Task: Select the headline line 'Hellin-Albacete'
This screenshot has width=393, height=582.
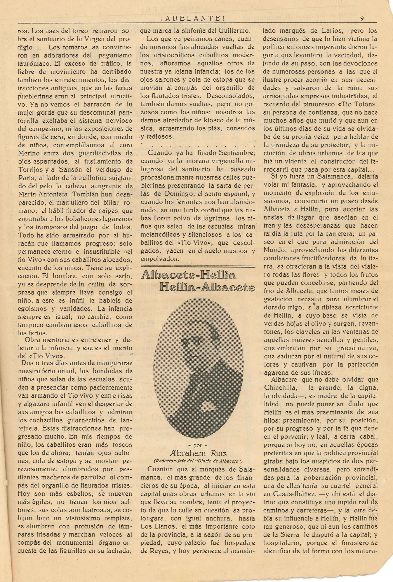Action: tap(207, 288)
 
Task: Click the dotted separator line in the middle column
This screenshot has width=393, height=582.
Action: tap(198, 145)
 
